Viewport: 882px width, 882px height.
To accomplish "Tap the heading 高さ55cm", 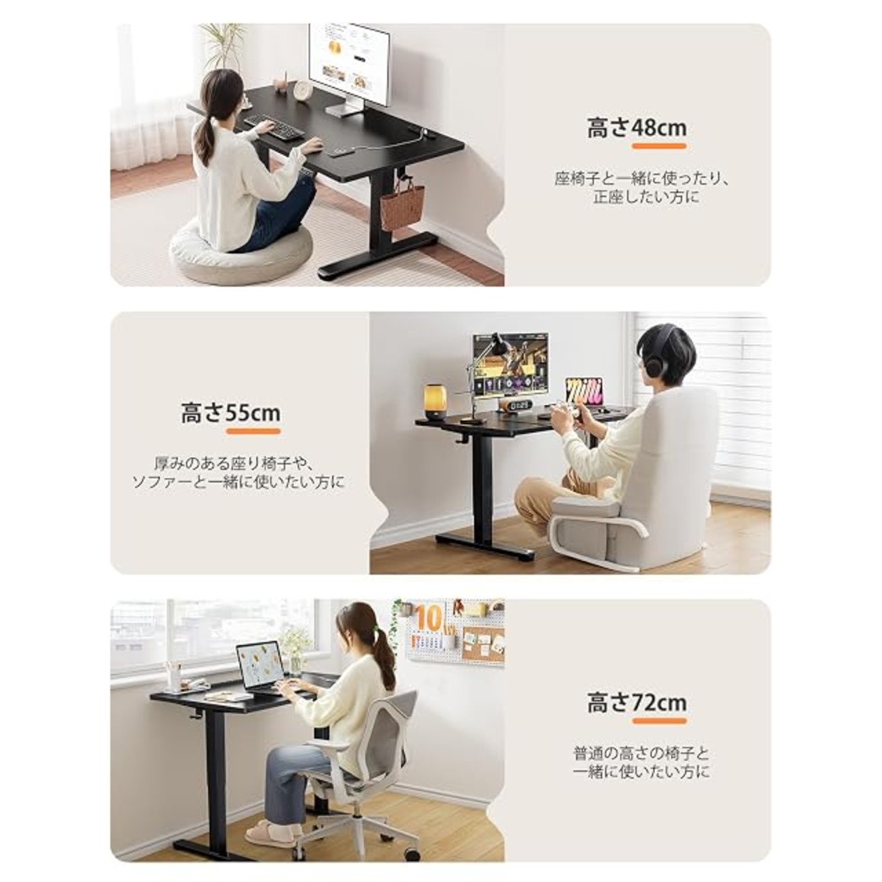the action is coord(231,413).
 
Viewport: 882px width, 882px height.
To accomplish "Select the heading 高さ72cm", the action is coord(637,703).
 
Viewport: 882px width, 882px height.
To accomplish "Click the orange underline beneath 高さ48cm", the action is coord(659,147).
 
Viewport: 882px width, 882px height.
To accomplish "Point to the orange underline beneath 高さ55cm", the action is coord(253,431).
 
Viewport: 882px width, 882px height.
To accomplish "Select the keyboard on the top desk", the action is coord(274,126).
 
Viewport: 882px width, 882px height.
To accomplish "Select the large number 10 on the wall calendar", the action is coord(429,617).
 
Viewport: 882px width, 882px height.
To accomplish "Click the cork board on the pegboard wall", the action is coord(483,644).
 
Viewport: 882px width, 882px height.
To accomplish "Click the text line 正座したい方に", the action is coord(646,198).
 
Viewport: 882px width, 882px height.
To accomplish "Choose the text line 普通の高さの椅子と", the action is coord(641,753).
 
